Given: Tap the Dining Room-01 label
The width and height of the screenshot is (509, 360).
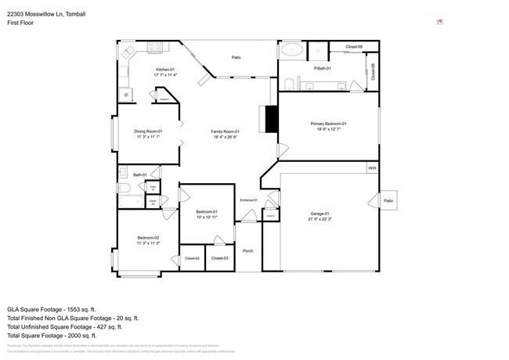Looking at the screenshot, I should click(147, 131).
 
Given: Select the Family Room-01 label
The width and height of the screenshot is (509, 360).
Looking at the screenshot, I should click(225, 131).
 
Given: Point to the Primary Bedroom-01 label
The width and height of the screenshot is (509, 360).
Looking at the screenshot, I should click(328, 124).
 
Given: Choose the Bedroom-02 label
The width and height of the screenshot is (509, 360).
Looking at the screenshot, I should click(148, 237).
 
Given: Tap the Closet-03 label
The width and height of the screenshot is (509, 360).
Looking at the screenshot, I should click(220, 258).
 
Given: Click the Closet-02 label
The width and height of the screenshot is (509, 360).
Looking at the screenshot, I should click(192, 258).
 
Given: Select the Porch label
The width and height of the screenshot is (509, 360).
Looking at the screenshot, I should click(247, 251).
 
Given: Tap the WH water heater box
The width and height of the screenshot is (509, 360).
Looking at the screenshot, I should click(372, 167).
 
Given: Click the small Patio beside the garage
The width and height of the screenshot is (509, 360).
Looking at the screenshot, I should click(388, 200).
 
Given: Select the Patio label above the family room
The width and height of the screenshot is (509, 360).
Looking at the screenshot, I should click(236, 57).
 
